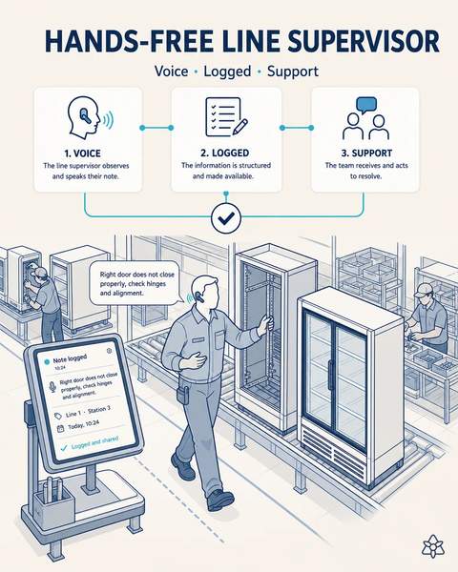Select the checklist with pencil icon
(226, 116)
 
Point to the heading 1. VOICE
(82, 153)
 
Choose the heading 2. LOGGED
(225, 153)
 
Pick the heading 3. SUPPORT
(366, 153)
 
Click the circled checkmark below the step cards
(226, 218)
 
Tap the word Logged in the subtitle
(227, 71)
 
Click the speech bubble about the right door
(135, 283)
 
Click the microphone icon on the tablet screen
(52, 387)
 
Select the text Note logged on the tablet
(70, 359)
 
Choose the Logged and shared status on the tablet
(94, 442)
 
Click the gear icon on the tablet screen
(109, 351)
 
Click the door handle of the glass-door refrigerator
(330, 375)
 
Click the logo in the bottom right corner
(433, 546)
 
